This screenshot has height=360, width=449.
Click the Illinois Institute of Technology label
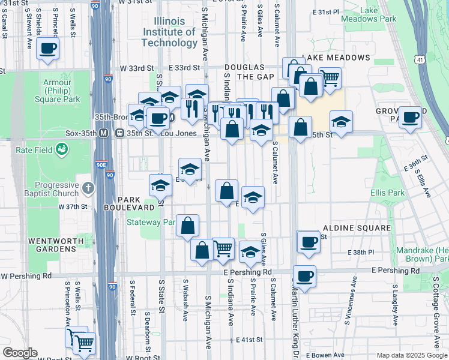[x=169, y=32]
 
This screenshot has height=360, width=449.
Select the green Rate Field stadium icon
[x=61, y=149]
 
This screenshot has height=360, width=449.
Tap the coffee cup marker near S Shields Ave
[x=48, y=48]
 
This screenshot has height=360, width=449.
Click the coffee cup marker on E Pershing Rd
[x=305, y=276]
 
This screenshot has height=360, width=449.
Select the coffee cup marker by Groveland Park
[x=411, y=117]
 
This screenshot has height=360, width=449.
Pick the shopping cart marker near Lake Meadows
[x=330, y=77]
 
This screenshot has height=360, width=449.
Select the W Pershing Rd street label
[x=26, y=277]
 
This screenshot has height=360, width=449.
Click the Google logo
[x=20, y=353]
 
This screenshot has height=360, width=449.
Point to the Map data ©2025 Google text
[x=411, y=355]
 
